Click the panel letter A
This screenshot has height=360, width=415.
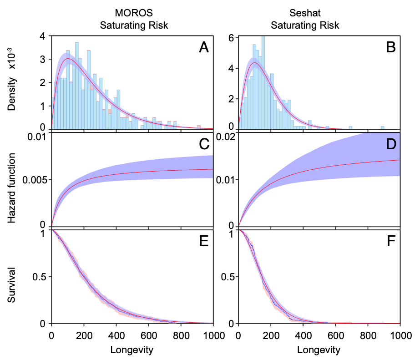(x=204, y=48)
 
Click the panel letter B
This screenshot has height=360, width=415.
(x=391, y=48)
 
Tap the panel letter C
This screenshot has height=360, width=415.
(x=204, y=144)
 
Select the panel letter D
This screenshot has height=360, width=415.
(x=391, y=144)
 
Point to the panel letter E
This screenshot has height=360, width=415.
(x=204, y=241)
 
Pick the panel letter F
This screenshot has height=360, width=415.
(x=391, y=241)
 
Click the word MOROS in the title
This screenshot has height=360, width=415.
(x=134, y=13)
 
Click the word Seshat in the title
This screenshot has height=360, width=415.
(x=305, y=13)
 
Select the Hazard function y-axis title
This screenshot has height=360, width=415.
(x=11, y=188)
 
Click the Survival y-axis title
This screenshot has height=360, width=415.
(x=11, y=285)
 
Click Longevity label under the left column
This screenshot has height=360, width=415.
(x=132, y=350)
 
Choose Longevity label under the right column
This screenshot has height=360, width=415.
(x=319, y=350)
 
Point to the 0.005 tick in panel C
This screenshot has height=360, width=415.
(x=35, y=180)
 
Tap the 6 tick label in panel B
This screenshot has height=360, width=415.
(x=231, y=38)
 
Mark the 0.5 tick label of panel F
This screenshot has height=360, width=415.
(x=228, y=277)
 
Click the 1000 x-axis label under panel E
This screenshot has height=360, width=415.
(x=213, y=335)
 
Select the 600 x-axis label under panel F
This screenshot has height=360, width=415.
(x=336, y=335)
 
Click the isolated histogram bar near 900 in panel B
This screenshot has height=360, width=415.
(x=382, y=128)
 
